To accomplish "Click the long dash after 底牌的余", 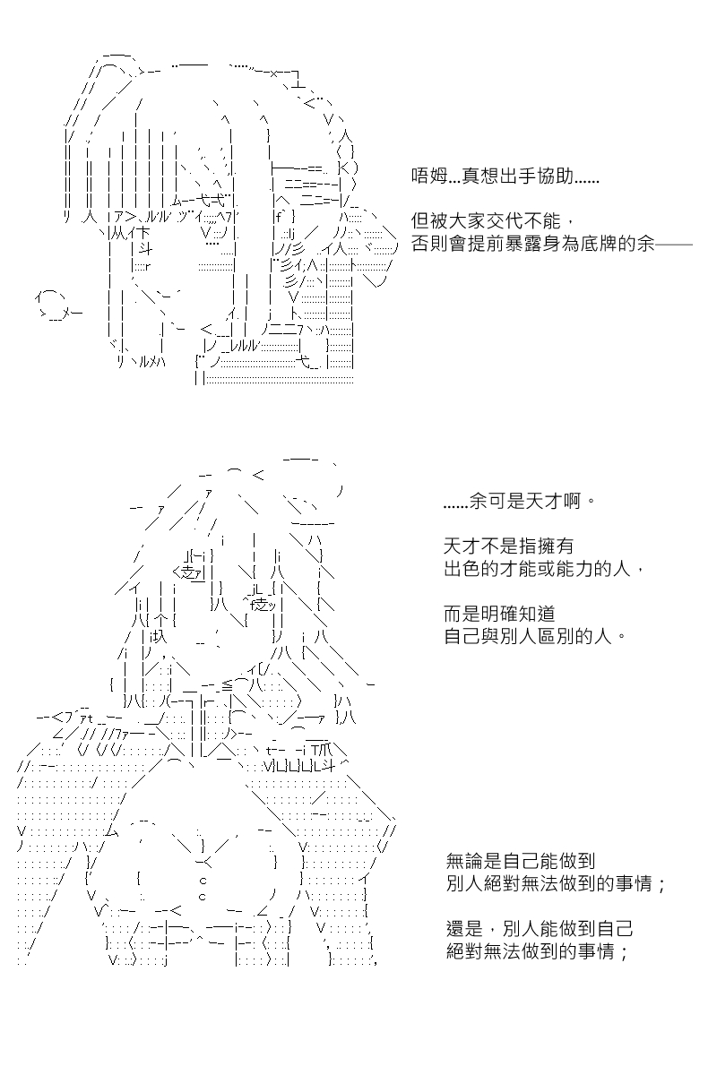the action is pos(674,245).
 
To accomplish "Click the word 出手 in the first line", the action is pos(505,176).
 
